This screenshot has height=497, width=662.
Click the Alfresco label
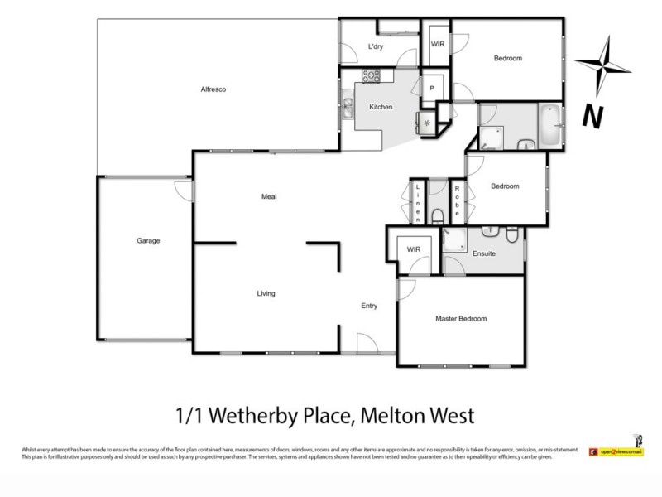213,89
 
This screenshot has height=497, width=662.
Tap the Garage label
148,241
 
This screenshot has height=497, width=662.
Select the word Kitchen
380,107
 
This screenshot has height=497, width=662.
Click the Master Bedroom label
461,319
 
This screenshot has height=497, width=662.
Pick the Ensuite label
484,253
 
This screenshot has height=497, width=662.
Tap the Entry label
369,306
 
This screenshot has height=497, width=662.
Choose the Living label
266,294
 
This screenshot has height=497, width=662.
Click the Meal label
268,196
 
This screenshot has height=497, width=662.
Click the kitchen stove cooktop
370,78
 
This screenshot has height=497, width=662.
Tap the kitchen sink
347,105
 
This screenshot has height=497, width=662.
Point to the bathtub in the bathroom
549,124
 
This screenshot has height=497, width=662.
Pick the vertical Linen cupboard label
419,204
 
